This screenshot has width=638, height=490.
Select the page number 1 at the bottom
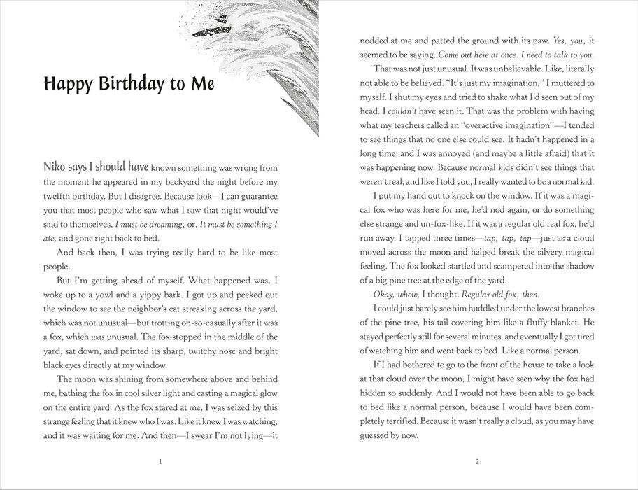tap(160, 461)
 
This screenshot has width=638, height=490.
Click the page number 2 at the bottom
tap(476, 461)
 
